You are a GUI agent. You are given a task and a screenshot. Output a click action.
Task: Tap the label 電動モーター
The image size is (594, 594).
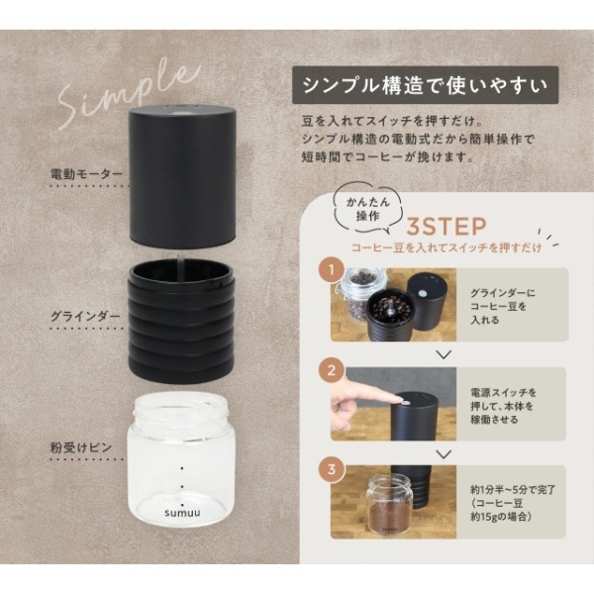pos(87,173)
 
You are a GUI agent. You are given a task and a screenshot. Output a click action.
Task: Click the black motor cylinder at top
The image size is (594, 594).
pos(182,178)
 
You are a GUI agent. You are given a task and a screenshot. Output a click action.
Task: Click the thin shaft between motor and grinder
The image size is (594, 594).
pos(181,255)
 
